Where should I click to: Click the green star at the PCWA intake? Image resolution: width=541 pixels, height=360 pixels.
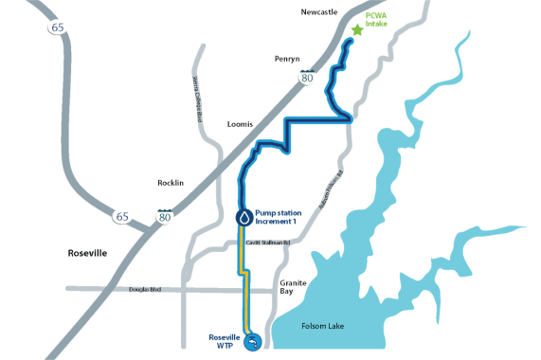[x=357, y=30]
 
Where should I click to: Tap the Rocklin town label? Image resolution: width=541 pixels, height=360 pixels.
[x=170, y=182]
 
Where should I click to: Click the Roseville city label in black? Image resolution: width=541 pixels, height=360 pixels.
[x=88, y=253]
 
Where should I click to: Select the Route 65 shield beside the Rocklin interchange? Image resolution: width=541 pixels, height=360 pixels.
[x=120, y=217]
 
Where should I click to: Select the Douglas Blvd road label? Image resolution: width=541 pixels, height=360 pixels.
[x=147, y=287]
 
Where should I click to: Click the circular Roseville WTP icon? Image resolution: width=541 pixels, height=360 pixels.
[x=252, y=343]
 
